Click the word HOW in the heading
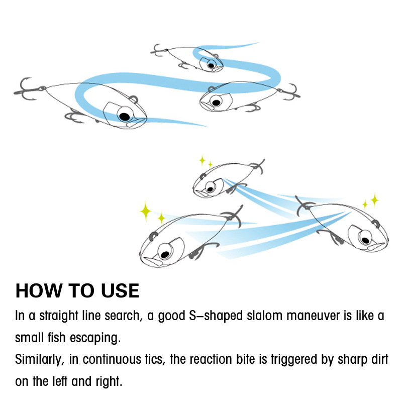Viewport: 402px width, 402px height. [x=39, y=291]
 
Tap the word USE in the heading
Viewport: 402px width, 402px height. [x=120, y=291]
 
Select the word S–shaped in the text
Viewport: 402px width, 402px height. [x=216, y=316]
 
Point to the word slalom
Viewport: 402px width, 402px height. [x=265, y=316]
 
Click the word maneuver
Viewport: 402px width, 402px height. [x=313, y=316]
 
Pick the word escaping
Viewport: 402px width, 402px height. [x=95, y=338]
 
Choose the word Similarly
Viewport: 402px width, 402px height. [x=40, y=359]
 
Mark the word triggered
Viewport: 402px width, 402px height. [x=294, y=360]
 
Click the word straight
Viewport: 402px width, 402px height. [x=59, y=316]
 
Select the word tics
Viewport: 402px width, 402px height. [x=155, y=359]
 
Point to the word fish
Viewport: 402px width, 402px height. [x=57, y=337]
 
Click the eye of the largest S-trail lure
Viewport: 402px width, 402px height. [x=125, y=116]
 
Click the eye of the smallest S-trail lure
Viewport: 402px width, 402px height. [x=211, y=65]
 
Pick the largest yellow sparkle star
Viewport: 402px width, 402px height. [x=145, y=211]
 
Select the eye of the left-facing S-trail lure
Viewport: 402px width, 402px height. [x=216, y=102]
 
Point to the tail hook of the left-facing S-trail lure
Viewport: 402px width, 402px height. [x=290, y=92]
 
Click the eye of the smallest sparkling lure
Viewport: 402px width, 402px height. [x=210, y=189]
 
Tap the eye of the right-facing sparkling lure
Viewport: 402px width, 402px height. [x=365, y=239]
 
